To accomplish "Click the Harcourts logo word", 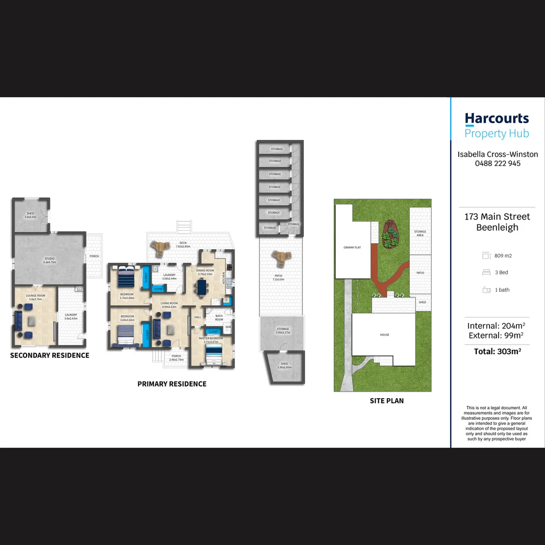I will click(497, 119).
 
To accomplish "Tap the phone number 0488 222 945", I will click(498, 163).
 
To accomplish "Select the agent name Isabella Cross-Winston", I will click(498, 154).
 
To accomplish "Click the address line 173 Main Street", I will click(497, 216).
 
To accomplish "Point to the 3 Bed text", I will click(502, 272).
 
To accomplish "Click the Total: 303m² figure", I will click(497, 351).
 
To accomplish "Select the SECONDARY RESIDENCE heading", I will click(49, 355).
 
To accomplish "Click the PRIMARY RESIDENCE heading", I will click(172, 384).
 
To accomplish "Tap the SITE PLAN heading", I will click(387, 401).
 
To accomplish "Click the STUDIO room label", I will click(49, 259).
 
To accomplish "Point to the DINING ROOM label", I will click(205, 270).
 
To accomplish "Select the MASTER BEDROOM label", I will click(210, 338).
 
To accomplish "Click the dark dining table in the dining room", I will click(202, 287).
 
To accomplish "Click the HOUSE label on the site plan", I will click(385, 335).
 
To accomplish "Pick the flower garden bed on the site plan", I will click(390, 235).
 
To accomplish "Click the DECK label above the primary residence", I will click(183, 243).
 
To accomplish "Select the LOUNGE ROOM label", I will click(35, 295).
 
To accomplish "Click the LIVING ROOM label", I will click(169, 303).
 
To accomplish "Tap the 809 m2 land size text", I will click(503, 256).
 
